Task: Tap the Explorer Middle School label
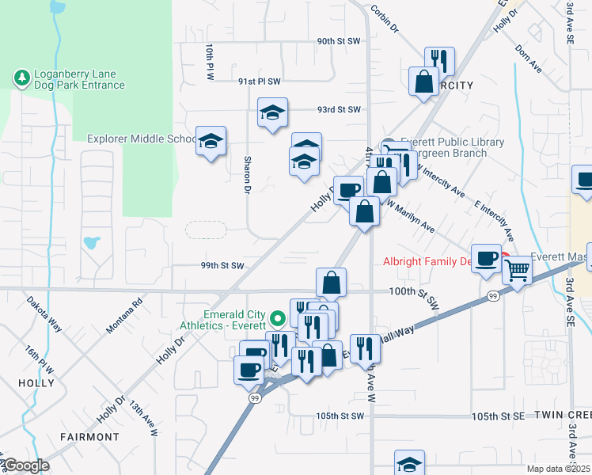pyautogui.click(x=141, y=139)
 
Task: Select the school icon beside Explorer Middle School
pyautogui.click(x=211, y=142)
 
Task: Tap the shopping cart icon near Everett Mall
pyautogui.click(x=516, y=271)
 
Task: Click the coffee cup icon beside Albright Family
pyautogui.click(x=487, y=258)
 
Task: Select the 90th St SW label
pyautogui.click(x=339, y=40)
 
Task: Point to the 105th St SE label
pyautogui.click(x=498, y=416)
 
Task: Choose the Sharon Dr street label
pyautogui.click(x=247, y=174)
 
